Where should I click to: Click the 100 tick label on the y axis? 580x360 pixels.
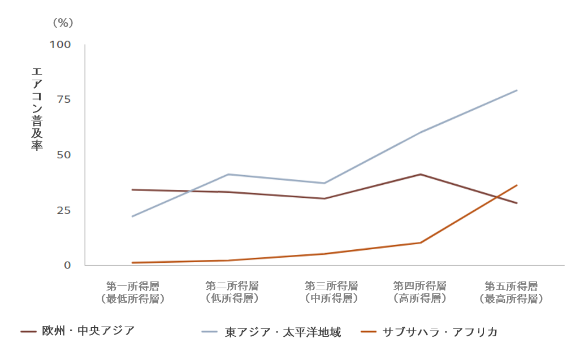tap(60, 44)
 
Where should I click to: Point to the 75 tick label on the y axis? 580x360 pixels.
tap(63, 99)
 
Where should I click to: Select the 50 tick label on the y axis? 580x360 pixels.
tap(63, 155)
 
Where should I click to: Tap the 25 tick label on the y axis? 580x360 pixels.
tap(63, 210)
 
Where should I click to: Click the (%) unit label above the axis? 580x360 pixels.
tap(63, 23)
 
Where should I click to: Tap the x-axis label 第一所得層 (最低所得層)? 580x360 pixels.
tap(132, 292)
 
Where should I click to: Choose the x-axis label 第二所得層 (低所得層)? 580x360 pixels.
tap(232, 292)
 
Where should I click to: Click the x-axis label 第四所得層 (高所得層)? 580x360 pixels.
tap(419, 292)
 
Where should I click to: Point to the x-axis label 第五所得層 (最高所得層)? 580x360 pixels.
tap(511, 292)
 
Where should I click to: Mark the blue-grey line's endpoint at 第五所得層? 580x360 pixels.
tap(517, 90)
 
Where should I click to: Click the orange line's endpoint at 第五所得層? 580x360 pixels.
tap(517, 185)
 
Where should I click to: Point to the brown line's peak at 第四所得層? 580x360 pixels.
tap(420, 174)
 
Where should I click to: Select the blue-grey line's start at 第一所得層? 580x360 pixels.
tap(132, 216)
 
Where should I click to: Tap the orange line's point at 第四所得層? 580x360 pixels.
tap(420, 243)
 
